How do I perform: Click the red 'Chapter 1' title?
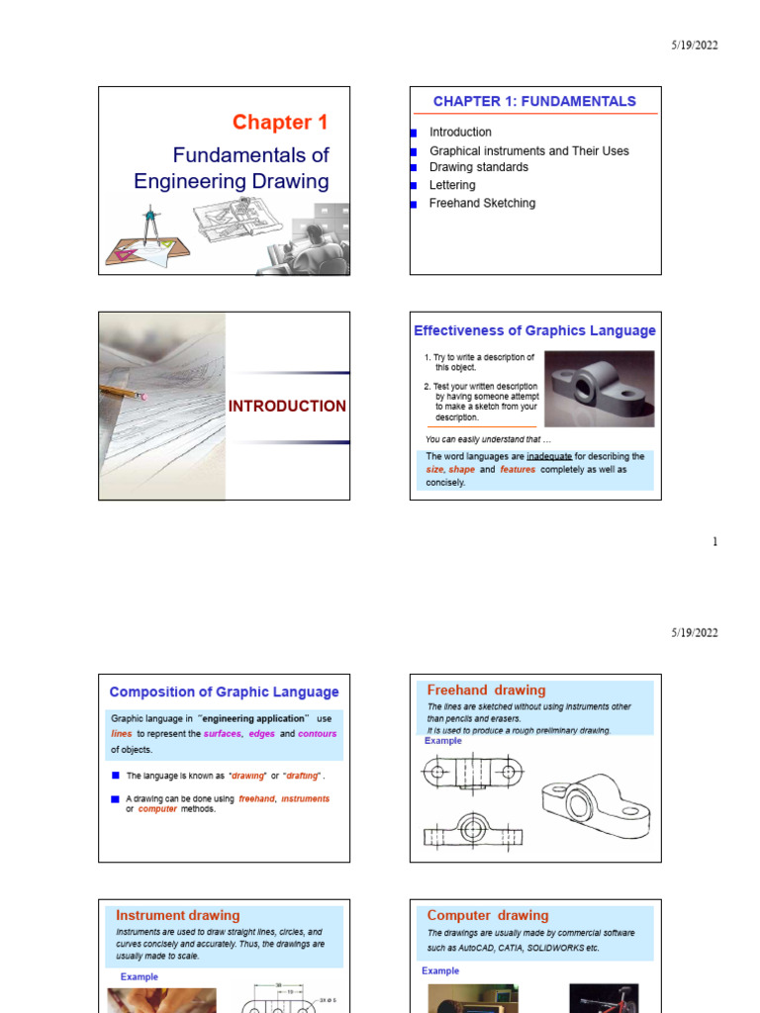tap(279, 123)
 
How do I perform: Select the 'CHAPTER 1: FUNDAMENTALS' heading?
tap(534, 101)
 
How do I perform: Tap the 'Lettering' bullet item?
tap(451, 185)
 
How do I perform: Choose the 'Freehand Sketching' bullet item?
tap(482, 203)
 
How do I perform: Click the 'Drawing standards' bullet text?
tap(478, 167)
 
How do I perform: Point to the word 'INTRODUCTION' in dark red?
tap(287, 407)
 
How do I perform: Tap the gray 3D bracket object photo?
tap(599, 388)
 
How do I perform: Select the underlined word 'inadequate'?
tap(548, 457)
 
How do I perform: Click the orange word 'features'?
tap(518, 470)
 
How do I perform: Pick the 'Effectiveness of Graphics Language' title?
tap(534, 331)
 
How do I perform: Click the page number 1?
tap(715, 542)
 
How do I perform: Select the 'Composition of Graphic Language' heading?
tap(224, 692)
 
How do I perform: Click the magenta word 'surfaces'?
tap(222, 734)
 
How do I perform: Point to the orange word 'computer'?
tap(157, 809)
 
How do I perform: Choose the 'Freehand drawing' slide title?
tap(486, 691)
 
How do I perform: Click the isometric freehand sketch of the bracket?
tap(594, 807)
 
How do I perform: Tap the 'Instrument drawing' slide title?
tap(178, 915)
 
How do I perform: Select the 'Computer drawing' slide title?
tap(487, 915)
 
